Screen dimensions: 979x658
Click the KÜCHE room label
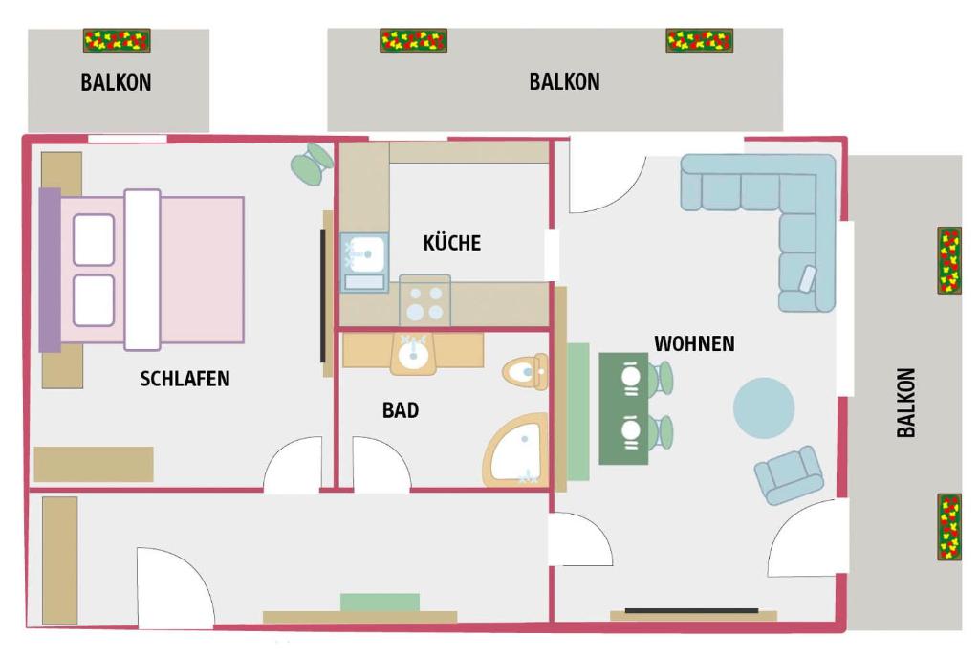click(x=452, y=243)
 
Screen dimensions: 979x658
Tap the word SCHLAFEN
click(x=185, y=379)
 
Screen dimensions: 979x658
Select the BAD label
click(x=401, y=410)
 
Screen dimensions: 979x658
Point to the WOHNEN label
click(x=694, y=343)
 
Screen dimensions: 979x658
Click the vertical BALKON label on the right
click(x=906, y=402)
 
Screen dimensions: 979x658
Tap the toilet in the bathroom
click(x=525, y=372)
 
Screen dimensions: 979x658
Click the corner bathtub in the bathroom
click(x=516, y=450)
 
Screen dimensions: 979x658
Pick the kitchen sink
click(x=364, y=263)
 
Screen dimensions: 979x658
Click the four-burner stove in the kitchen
click(x=424, y=301)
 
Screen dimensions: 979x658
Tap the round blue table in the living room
click(x=764, y=407)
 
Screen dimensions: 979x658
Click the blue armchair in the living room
click(x=789, y=474)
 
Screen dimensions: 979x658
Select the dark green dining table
click(x=623, y=409)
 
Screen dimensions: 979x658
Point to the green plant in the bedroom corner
click(x=311, y=164)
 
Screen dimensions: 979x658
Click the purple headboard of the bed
click(x=50, y=270)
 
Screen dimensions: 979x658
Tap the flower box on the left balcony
click(x=117, y=40)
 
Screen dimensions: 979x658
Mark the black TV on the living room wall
click(x=692, y=610)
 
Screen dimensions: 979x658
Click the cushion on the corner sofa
click(x=807, y=277)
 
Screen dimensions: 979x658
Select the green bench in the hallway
click(x=380, y=603)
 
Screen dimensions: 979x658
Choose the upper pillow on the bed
click(x=94, y=240)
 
